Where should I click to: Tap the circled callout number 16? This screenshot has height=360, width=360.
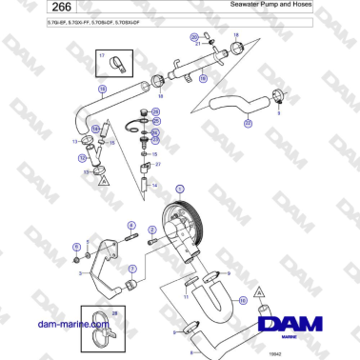[241, 301]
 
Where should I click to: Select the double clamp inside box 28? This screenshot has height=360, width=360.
[102, 328]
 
